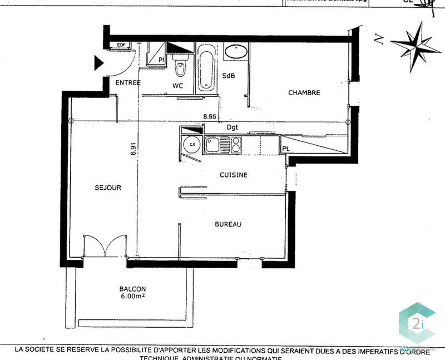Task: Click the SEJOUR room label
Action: pos(108,188)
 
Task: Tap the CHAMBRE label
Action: pos(304,93)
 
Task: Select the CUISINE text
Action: pos(234,175)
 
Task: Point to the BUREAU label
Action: pos(228,225)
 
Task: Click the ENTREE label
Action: pos(128,83)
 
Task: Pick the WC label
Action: pos(177,86)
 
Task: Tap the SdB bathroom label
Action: pos(228,75)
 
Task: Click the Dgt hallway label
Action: pos(233,127)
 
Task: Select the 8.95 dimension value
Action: pos(209,117)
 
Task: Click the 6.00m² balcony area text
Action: pos(132,297)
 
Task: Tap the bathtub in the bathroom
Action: pos(206,71)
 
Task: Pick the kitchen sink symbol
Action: pos(214,146)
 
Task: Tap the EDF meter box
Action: pos(121,45)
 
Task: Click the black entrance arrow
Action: pos(98,63)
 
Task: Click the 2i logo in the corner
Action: pos(416,322)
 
